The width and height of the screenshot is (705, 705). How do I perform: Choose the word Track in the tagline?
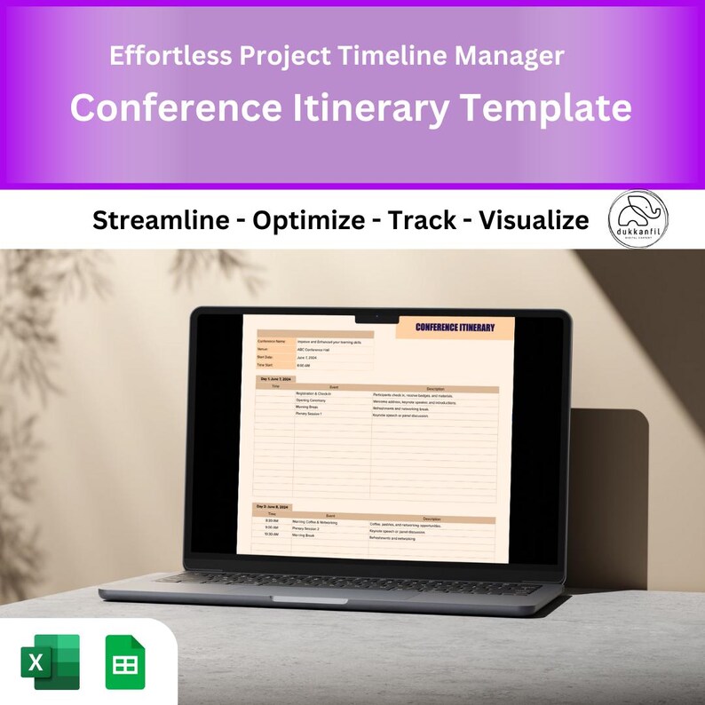[x=422, y=220]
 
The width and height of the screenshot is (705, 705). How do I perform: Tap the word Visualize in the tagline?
[x=534, y=220]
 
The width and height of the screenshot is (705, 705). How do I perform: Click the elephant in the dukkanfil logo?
[x=638, y=212]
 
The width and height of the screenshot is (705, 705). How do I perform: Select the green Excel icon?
[x=51, y=661]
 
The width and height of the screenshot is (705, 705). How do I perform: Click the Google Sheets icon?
[x=124, y=661]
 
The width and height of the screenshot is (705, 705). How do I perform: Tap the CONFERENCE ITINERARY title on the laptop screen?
[x=455, y=328]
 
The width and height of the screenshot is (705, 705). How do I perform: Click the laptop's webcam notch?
[x=374, y=316]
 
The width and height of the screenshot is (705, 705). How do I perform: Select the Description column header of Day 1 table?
[x=435, y=387]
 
